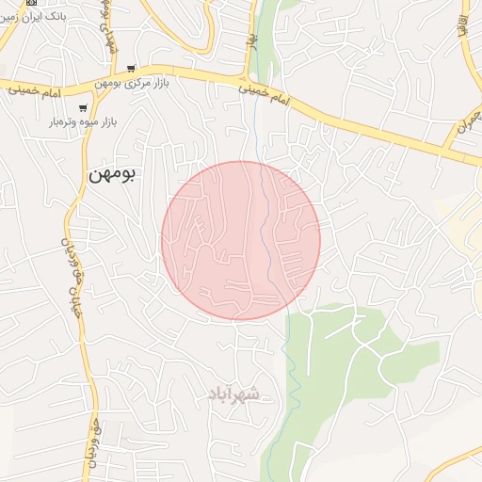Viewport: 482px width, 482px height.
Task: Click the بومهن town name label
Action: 112,174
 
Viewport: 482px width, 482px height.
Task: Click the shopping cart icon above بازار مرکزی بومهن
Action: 130,69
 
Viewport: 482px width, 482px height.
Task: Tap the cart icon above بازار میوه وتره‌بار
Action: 83,107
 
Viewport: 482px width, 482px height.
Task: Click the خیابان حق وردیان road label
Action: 67,282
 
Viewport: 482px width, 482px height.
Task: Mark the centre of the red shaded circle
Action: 241,240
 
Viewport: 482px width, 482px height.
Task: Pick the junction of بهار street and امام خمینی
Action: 249,78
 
